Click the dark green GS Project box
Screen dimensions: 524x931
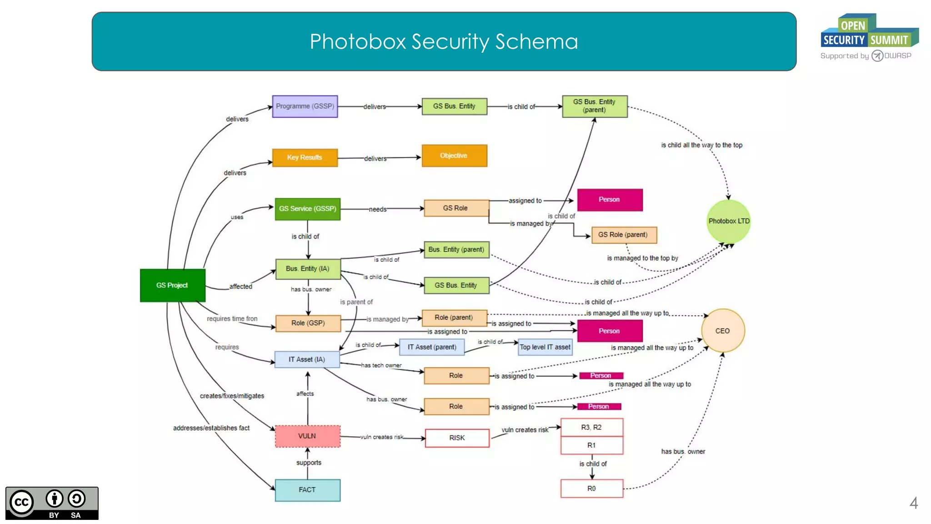tap(172, 285)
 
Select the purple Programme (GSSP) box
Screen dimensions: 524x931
tap(305, 106)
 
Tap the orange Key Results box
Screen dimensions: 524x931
tap(305, 157)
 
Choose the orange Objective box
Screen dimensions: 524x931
tap(454, 156)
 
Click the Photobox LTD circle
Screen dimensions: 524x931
tap(728, 221)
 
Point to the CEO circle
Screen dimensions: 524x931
tap(722, 331)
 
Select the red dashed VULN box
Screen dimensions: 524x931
tap(307, 436)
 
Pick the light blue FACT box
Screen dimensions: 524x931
tap(307, 490)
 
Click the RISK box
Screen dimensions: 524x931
tap(457, 438)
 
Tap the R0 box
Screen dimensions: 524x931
tap(591, 489)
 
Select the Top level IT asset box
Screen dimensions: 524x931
tap(545, 347)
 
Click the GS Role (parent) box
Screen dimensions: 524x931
tap(624, 235)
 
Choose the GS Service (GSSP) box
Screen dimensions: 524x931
tap(307, 209)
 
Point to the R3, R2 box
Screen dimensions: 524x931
tap(591, 427)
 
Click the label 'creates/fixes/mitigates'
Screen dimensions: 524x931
tap(232, 396)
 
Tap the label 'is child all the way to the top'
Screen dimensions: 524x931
tap(701, 145)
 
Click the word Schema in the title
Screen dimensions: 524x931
tap(536, 42)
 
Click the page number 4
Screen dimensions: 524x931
tap(914, 503)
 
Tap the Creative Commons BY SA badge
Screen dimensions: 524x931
tap(52, 503)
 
